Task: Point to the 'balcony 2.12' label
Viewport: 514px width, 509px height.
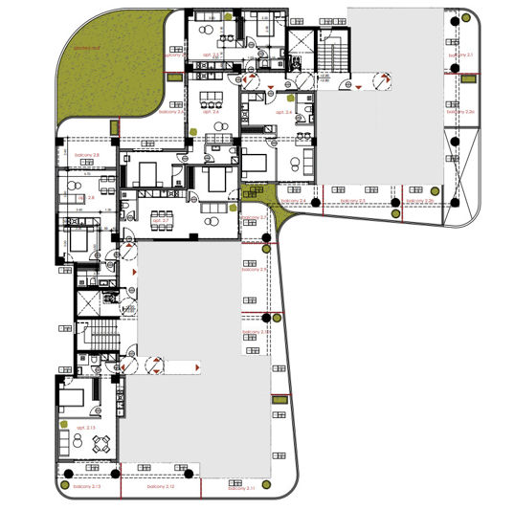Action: pyautogui.click(x=161, y=487)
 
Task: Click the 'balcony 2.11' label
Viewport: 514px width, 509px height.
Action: pyautogui.click(x=242, y=487)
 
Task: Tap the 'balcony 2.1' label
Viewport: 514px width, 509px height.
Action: pyautogui.click(x=463, y=55)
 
